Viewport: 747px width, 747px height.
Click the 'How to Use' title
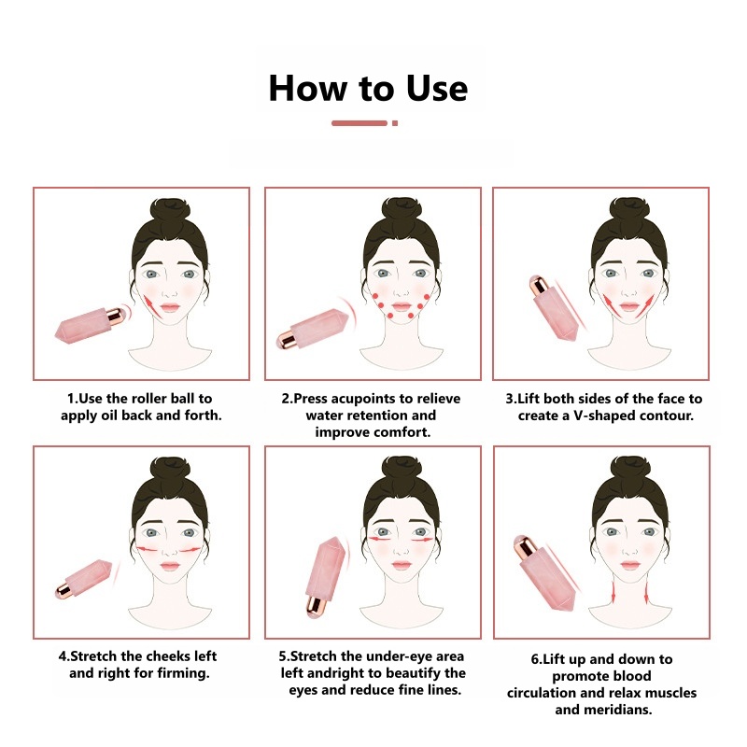click(368, 88)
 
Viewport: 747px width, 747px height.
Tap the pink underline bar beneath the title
click(360, 123)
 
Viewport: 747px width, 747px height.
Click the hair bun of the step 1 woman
click(171, 210)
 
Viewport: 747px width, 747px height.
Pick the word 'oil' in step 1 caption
click(122, 415)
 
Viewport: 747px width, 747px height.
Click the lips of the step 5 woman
click(402, 565)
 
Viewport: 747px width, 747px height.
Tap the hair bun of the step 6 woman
click(633, 469)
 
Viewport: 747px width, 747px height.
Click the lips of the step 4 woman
click(171, 565)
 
